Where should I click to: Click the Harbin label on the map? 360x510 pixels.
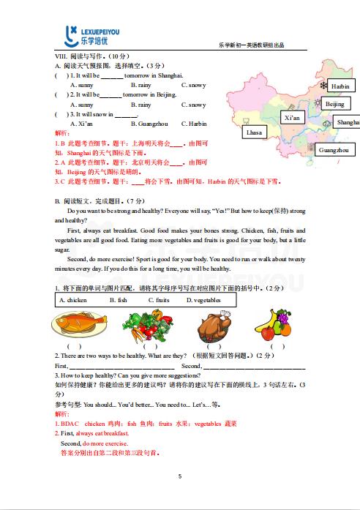[340, 86]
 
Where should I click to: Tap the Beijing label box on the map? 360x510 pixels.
[334, 104]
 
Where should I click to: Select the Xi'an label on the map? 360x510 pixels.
[291, 117]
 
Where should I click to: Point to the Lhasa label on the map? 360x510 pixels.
[255, 132]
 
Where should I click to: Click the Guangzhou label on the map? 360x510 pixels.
[334, 150]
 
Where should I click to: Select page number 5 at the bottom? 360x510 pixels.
[180, 476]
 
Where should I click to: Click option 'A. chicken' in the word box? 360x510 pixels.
[73, 300]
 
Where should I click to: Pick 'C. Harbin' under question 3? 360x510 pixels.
[193, 124]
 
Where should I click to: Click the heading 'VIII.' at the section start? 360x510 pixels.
[61, 56]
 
